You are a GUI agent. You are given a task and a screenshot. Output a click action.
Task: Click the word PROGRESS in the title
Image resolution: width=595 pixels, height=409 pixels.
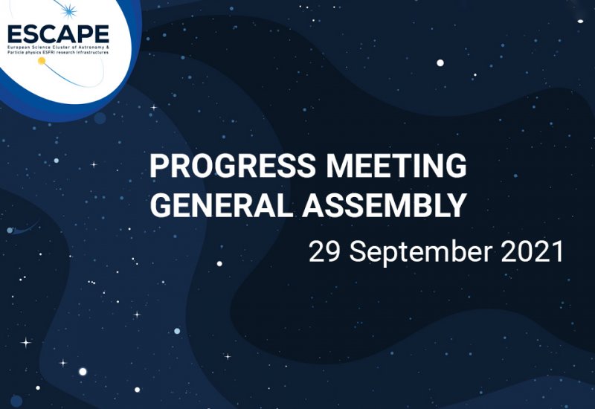tap(232, 166)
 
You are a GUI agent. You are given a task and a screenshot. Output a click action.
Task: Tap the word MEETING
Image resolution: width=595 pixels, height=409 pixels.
tap(396, 166)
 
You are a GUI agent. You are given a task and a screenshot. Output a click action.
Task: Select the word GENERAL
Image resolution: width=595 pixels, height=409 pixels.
tap(222, 205)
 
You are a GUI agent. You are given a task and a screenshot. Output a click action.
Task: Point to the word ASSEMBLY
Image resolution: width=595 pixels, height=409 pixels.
tap(385, 205)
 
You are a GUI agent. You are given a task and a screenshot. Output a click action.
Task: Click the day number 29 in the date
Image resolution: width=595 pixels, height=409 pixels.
tap(324, 251)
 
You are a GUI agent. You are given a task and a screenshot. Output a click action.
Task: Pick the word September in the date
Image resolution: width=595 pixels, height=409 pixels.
tap(421, 253)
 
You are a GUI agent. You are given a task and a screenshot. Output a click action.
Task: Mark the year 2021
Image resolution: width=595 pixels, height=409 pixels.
tap(532, 251)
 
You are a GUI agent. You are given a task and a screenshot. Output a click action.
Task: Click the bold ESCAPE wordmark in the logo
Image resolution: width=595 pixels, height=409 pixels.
tap(59, 34)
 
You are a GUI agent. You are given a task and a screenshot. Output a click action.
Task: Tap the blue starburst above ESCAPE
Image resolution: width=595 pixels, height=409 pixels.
tap(68, 11)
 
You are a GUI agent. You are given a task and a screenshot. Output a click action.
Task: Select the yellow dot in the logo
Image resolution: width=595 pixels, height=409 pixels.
tap(42, 61)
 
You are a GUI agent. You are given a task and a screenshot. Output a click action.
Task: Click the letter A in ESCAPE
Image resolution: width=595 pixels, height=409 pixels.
tap(67, 34)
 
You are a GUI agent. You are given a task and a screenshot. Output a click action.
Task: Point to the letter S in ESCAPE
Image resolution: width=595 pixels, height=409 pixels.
tap(30, 34)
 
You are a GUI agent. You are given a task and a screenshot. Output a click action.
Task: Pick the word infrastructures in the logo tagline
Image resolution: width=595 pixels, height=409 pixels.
tap(92, 52)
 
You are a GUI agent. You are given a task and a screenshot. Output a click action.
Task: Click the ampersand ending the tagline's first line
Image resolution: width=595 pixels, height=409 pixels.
tap(108, 48)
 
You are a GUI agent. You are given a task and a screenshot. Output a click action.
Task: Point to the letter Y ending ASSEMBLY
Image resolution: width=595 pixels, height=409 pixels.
tap(457, 205)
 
